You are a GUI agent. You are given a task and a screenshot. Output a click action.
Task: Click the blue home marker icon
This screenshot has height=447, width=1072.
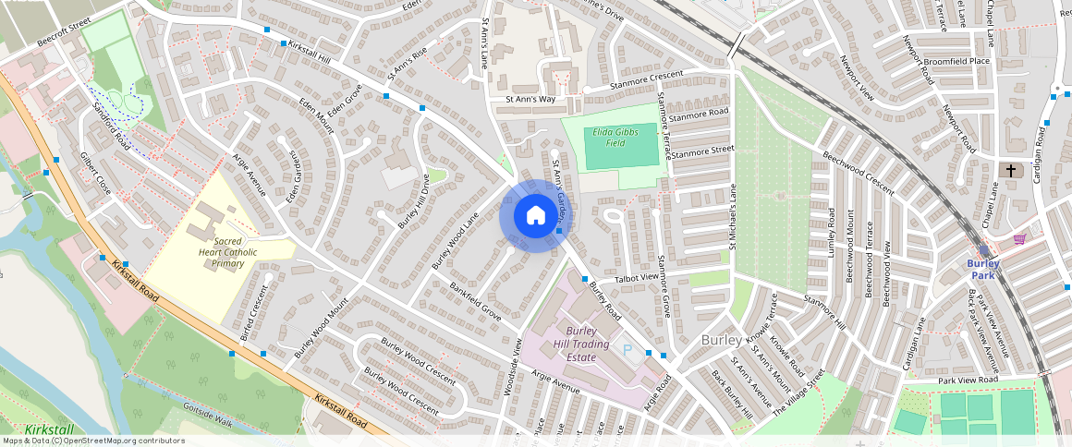point(535,216)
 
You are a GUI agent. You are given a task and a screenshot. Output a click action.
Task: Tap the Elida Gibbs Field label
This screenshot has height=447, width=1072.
point(616,137)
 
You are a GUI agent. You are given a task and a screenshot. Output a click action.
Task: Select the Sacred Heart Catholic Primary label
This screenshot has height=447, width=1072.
point(221,251)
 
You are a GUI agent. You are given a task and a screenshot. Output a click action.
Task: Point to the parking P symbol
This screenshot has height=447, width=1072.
point(628,350)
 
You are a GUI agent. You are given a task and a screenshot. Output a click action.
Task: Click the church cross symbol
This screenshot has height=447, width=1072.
point(1012,171)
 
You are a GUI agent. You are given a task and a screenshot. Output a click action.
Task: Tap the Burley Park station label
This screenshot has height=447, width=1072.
point(983,269)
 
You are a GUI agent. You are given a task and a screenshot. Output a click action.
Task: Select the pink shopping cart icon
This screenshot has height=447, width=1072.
point(1018,239)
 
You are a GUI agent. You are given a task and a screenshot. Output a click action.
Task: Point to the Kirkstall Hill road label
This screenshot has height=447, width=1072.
point(309,52)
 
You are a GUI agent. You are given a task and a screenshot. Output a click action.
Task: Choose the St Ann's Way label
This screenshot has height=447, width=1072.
point(530,99)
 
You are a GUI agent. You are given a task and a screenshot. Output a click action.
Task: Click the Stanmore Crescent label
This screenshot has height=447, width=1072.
point(645,81)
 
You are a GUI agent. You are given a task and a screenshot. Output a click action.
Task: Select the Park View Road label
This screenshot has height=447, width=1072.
point(968,380)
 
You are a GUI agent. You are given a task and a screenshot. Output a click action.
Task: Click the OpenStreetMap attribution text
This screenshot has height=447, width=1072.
point(92,441)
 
